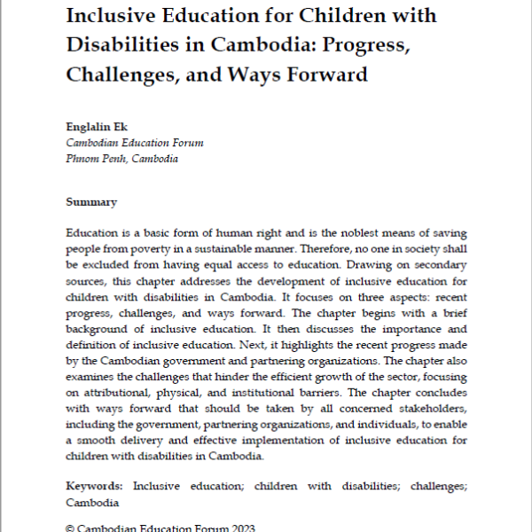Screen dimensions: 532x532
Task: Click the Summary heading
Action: click(91, 202)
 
